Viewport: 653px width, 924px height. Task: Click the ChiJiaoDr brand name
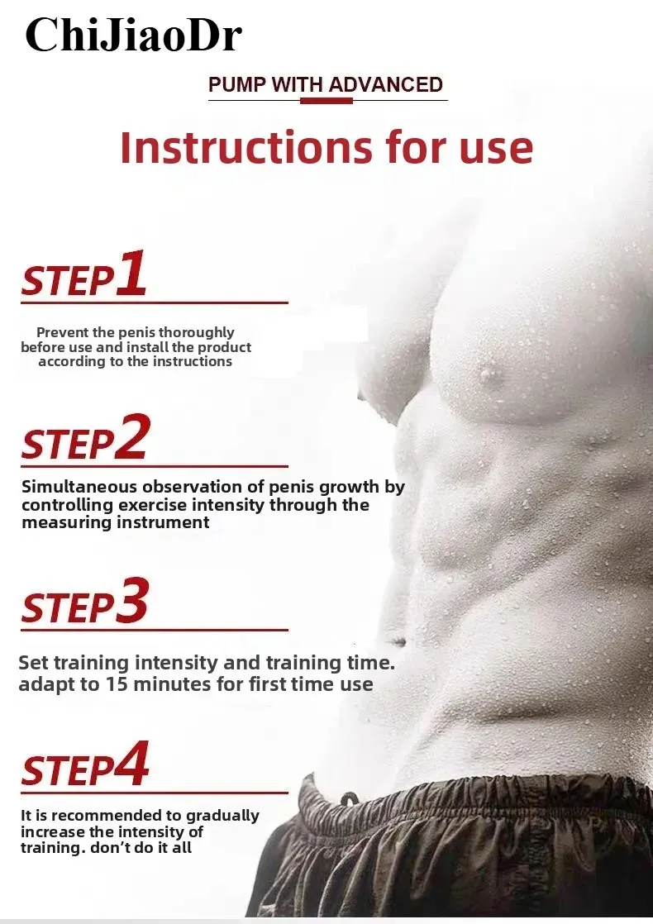(x=133, y=36)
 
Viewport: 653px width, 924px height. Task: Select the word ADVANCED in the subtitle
(x=386, y=84)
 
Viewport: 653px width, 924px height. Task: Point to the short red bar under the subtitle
(x=326, y=101)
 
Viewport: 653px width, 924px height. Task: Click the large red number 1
(x=131, y=272)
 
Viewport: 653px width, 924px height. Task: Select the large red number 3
(x=132, y=600)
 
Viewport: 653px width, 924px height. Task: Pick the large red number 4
(x=132, y=764)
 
